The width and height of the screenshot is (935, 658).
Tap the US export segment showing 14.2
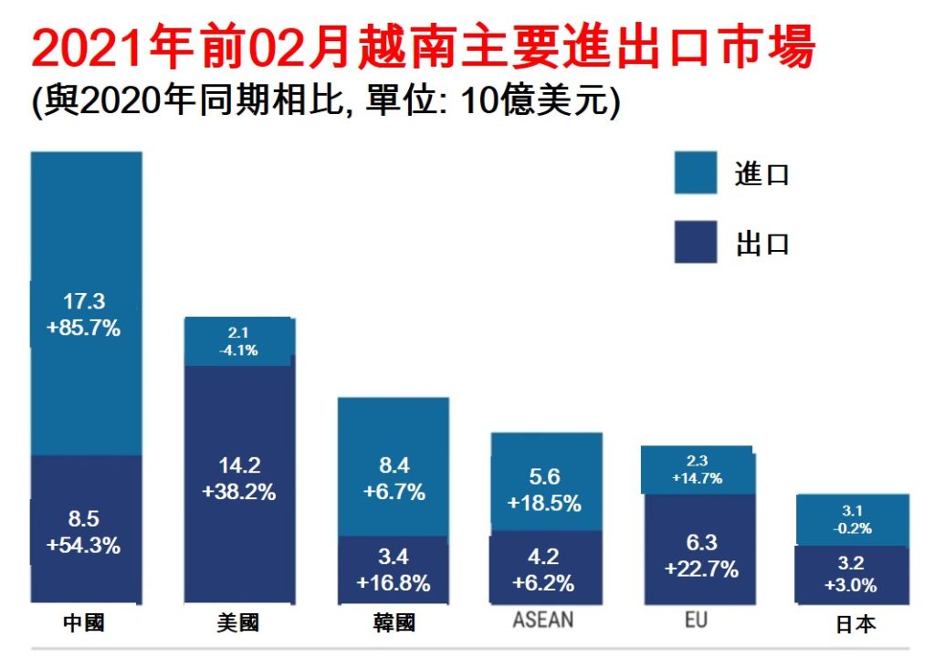point(239,429)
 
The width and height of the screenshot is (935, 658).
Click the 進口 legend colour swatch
point(696,173)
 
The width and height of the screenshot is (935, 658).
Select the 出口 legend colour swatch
point(696,242)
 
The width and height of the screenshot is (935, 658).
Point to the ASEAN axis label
point(543,621)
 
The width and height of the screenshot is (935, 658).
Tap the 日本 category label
point(856,625)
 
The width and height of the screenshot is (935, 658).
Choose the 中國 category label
point(84,623)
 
